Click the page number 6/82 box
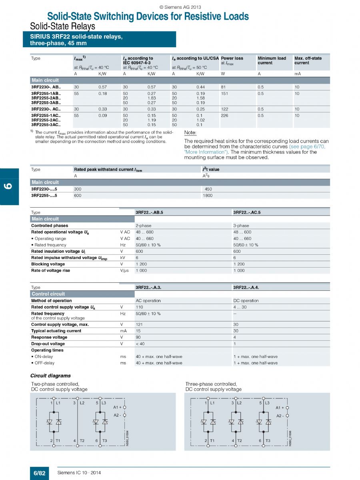coord(39,473)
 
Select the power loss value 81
coord(223,87)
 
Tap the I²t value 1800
coord(208,196)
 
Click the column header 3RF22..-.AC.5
coord(247,212)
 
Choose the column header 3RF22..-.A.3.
coord(149,287)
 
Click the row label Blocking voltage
coord(48,264)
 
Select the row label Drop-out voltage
coord(48,344)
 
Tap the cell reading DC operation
coord(246,301)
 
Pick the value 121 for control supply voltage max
coord(139,324)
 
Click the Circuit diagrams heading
coord(50,376)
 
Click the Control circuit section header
coord(48,294)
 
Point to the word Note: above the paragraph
coord(190,133)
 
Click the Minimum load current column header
coord(272,60)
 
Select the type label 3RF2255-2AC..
coord(46,120)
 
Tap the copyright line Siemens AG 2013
coord(180,7)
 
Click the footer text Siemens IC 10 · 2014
coord(79,473)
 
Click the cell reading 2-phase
coord(144,226)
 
